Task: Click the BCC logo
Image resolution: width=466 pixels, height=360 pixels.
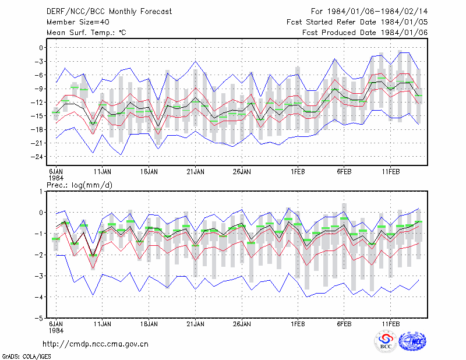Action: click(386, 341)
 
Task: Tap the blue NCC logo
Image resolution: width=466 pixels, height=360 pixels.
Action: click(412, 341)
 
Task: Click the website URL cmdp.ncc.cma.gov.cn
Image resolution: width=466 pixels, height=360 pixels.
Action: click(96, 344)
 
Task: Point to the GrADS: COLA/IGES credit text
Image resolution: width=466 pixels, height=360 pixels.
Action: click(26, 357)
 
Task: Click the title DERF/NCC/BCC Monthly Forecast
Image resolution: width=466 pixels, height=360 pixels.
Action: click(109, 12)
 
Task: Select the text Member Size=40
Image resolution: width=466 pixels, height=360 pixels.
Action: click(78, 22)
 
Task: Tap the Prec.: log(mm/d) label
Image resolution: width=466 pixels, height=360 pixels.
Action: click(79, 185)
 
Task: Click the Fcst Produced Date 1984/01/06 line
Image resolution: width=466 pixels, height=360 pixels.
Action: click(365, 33)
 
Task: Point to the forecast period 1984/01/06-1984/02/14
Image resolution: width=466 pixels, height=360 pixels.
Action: click(377, 12)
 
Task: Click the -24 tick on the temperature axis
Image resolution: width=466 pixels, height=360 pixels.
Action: click(37, 157)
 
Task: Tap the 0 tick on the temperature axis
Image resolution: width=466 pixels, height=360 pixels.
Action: click(41, 48)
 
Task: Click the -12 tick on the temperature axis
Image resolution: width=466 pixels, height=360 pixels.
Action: click(37, 103)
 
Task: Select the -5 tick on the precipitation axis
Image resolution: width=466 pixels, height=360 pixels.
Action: click(39, 319)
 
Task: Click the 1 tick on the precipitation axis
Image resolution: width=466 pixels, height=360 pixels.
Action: click(41, 192)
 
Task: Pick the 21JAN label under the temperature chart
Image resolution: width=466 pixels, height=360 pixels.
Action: click(195, 172)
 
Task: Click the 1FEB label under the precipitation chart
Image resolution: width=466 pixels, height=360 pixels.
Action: click(298, 324)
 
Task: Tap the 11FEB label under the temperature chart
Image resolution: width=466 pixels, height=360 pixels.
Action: click(390, 172)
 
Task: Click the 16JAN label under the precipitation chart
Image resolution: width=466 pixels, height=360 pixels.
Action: click(149, 324)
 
